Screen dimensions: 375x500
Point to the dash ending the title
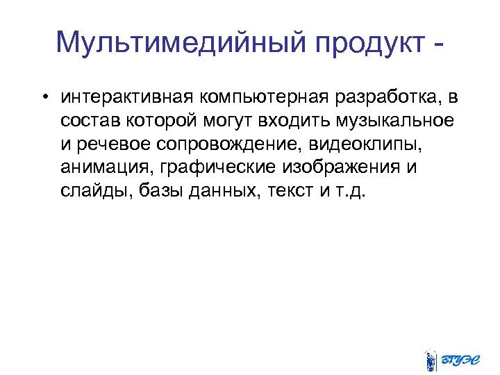click(436, 45)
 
